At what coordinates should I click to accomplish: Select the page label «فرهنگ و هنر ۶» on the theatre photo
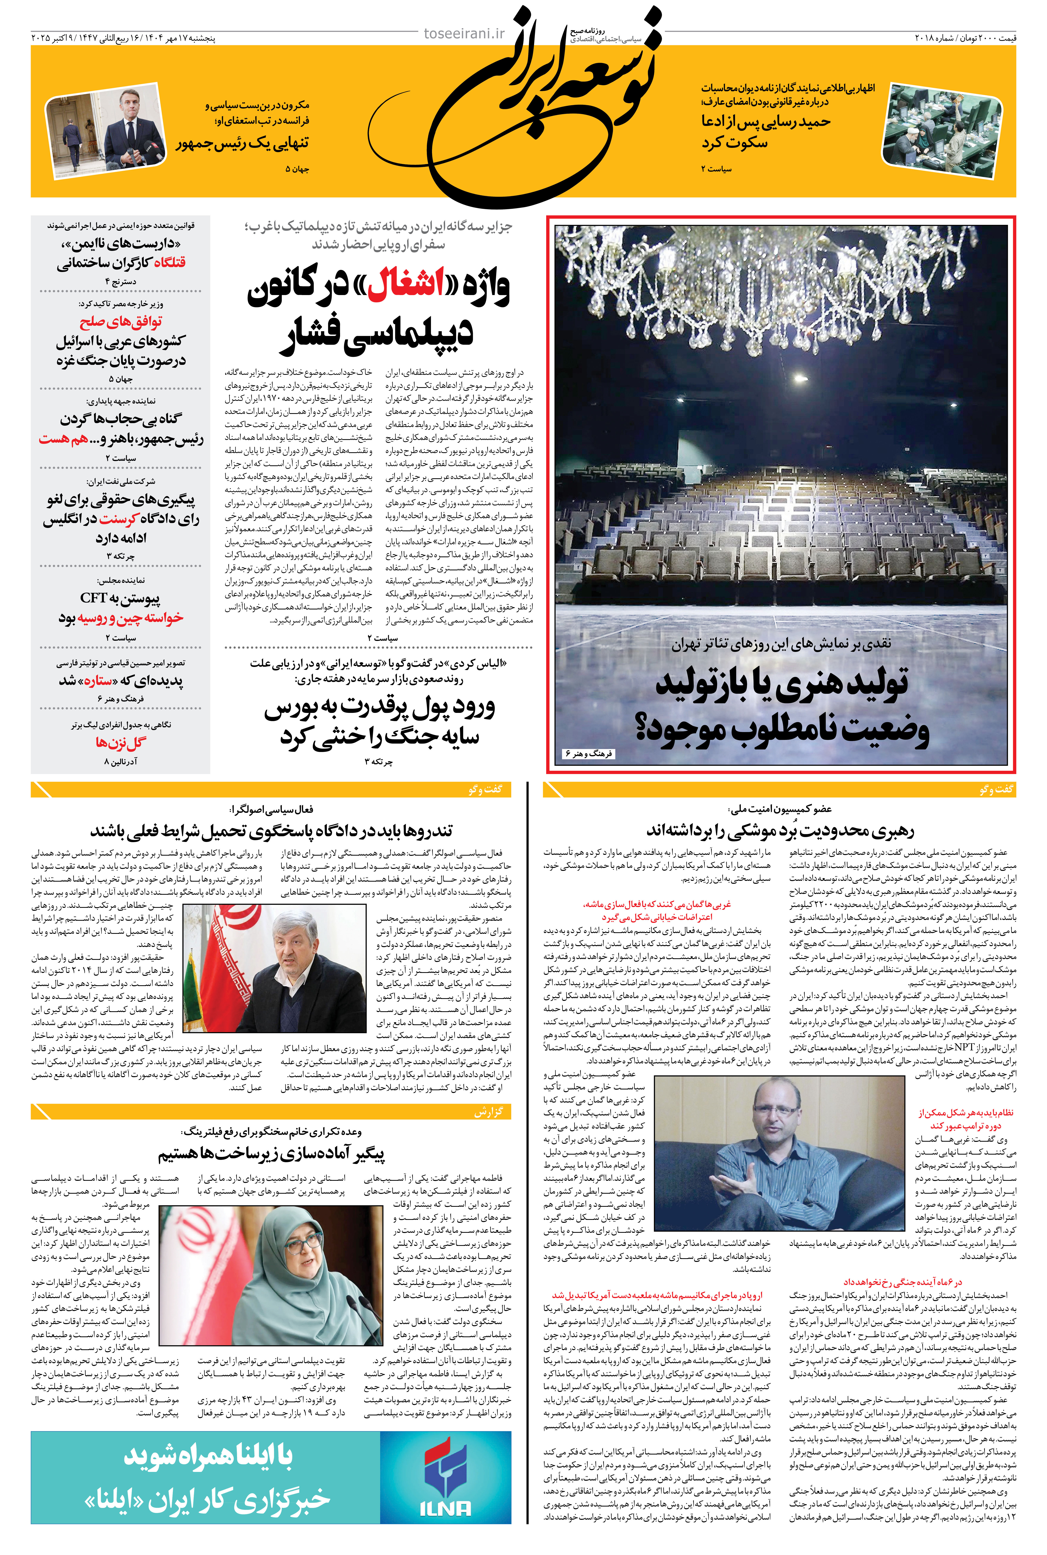point(588,753)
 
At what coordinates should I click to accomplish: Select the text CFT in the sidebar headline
point(93,598)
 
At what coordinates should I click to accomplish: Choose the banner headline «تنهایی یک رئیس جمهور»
point(242,143)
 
